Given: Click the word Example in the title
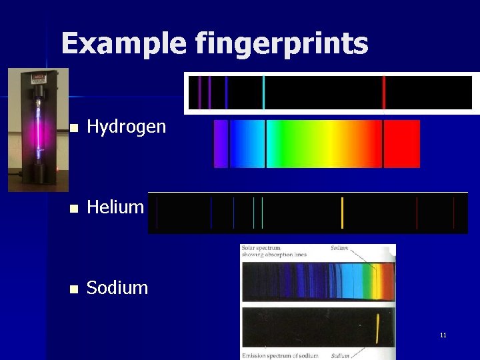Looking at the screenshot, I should coord(124,44).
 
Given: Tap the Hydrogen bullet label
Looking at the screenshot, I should coord(127,127).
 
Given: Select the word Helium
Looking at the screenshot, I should coord(115,207).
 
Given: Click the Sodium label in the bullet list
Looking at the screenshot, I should coord(117,288).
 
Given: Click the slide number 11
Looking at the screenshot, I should coord(443,335).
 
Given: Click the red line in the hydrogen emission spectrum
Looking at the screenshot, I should coord(383,93).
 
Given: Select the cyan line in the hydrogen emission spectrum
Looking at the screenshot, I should coord(264,93).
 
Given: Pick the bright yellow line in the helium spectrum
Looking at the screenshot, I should coord(342,213).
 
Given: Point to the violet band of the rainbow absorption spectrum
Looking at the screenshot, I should coord(220,144).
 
